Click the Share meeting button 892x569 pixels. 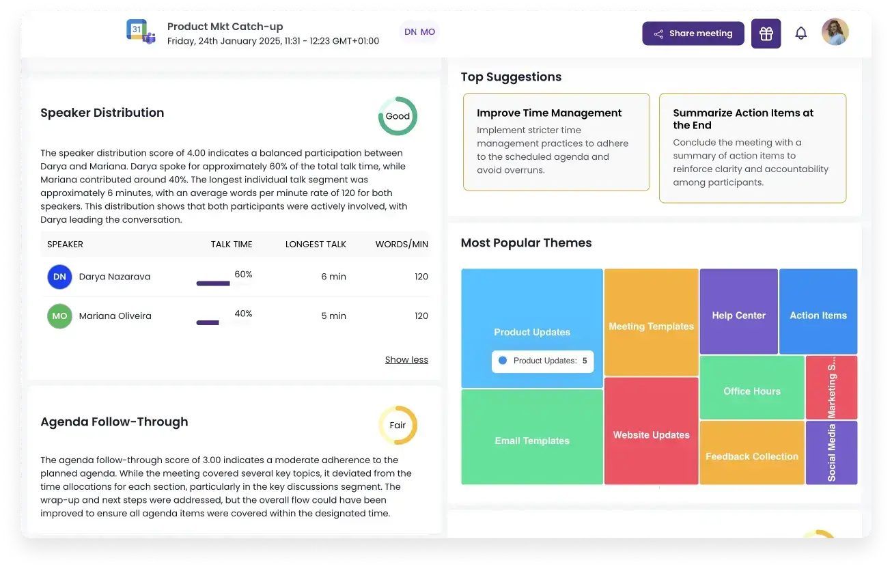click(x=693, y=33)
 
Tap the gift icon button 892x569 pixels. click(x=766, y=33)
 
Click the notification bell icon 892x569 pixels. click(x=800, y=33)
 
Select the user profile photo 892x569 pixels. click(x=835, y=32)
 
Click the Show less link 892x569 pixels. click(x=406, y=360)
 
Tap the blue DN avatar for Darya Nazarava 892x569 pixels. click(x=59, y=277)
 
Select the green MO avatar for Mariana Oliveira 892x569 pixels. click(x=59, y=316)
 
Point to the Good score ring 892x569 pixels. click(x=398, y=116)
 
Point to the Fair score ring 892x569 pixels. click(x=398, y=425)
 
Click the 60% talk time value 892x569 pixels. click(x=243, y=275)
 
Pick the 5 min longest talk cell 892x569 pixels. click(x=333, y=316)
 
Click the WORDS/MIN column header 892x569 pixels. click(x=402, y=245)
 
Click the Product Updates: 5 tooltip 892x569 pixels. click(x=542, y=361)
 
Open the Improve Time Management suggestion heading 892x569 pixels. click(x=549, y=113)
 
